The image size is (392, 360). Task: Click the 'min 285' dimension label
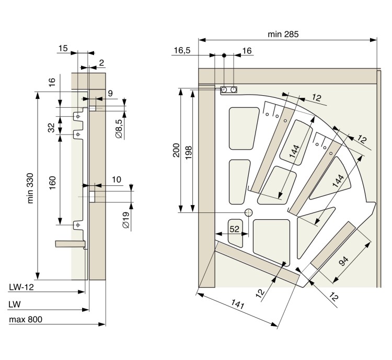click(283, 34)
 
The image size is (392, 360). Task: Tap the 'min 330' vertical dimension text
click(30, 188)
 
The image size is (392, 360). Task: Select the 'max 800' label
click(26, 319)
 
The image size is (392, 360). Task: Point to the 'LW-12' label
click(21, 287)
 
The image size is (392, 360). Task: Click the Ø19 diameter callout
click(126, 220)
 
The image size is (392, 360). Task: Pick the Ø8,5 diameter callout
click(119, 129)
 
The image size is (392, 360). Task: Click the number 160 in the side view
click(52, 183)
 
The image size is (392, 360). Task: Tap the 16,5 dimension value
click(182, 50)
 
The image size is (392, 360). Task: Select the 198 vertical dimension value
click(189, 152)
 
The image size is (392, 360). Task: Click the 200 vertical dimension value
click(176, 150)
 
